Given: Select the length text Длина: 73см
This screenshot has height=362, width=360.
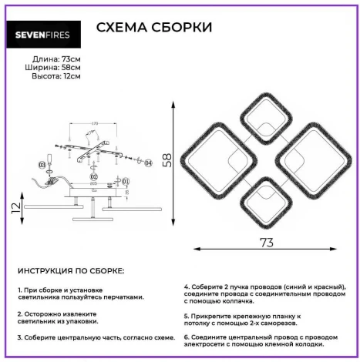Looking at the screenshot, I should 56,59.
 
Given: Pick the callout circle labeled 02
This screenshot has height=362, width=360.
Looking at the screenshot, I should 93,176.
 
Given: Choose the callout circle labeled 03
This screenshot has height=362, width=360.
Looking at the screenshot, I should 42,165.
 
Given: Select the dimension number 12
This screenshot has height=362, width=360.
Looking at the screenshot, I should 14,207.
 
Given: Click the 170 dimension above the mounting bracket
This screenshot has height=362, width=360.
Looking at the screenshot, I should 94,123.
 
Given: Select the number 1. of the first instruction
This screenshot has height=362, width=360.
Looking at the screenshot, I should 19,288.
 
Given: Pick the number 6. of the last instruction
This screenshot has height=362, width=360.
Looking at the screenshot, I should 187,337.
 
